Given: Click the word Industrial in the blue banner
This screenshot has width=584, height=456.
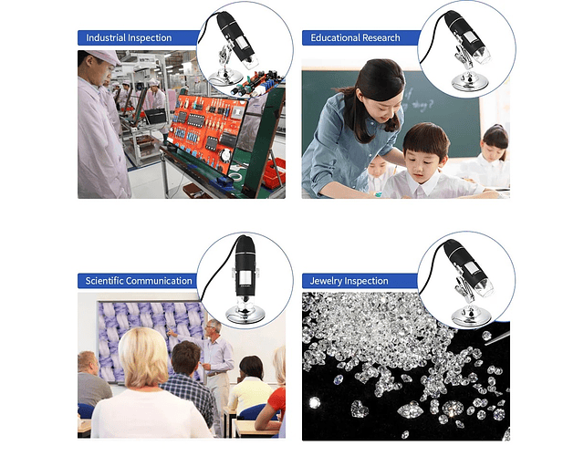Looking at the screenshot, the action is point(106,37).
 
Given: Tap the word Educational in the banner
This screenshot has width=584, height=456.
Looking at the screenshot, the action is point(335,37).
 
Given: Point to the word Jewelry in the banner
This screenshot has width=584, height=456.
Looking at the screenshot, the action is point(324,281).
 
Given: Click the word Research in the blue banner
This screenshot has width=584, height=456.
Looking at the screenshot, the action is point(381,37).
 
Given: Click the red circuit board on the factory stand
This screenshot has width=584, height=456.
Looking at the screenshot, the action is point(205,127).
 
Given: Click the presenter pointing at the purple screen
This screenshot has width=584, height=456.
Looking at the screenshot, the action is point(214,358).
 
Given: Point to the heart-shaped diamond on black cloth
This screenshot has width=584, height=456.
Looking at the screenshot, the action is point(360,409).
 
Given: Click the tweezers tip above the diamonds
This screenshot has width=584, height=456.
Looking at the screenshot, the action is point(486,344).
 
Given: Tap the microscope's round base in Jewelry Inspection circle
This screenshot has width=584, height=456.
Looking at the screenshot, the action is point(471,316).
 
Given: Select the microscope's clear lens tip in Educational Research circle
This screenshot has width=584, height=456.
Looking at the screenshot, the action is point(481,55).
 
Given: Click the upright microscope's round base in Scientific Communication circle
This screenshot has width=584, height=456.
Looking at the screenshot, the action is point(245,315).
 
